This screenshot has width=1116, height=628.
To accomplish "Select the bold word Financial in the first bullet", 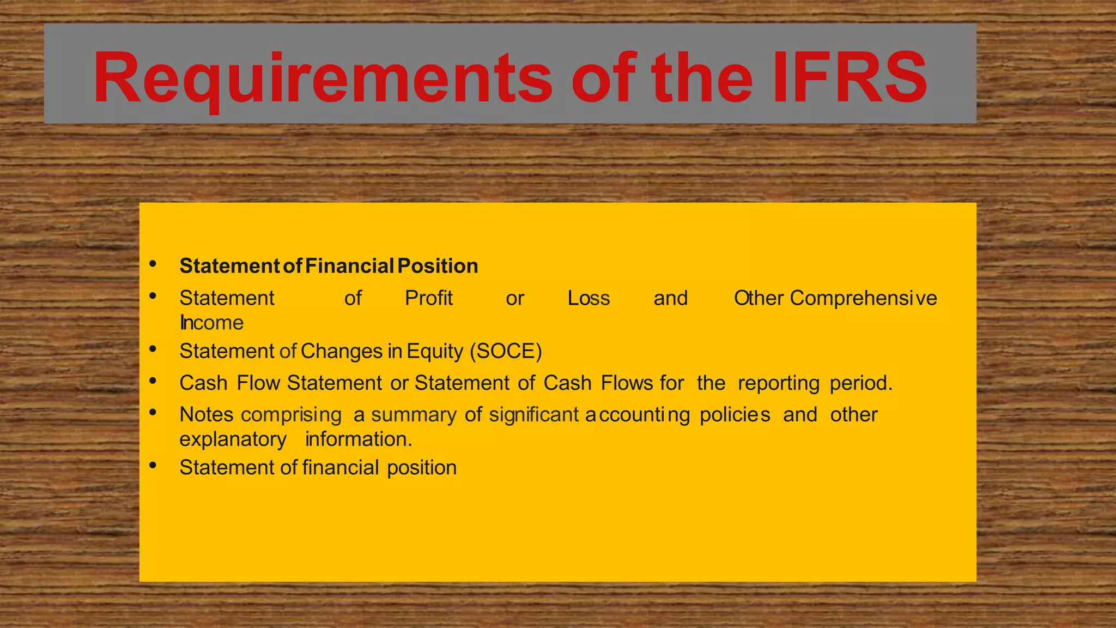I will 349,266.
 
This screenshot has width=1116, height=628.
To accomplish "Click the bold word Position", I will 438,266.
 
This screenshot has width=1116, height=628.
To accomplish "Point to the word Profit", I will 429,298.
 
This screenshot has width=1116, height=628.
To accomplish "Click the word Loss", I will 589,298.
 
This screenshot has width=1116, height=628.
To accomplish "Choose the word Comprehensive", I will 863,298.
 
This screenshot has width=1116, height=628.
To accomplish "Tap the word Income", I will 211,323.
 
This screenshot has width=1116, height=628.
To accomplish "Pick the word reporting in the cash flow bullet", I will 779,383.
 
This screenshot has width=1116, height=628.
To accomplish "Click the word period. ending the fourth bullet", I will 861,383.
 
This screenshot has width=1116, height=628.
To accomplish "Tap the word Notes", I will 207,415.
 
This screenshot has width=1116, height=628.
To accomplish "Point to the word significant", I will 533,415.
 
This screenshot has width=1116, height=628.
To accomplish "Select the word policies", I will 735,415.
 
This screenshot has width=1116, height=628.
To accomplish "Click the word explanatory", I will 233,439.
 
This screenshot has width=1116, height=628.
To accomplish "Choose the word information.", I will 359,439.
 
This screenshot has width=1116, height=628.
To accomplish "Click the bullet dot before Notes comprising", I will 153,412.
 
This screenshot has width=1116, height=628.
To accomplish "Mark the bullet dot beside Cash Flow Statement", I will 153,381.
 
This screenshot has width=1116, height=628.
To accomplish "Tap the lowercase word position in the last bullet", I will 422,468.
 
